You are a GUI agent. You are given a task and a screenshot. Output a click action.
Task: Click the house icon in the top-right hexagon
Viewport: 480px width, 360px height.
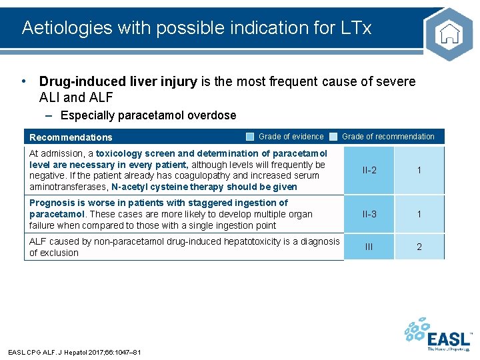point(449,33)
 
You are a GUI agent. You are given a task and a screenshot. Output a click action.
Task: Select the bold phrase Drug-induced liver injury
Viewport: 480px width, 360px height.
point(118,82)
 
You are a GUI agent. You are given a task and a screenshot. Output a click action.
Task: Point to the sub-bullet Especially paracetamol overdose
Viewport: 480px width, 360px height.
point(147,115)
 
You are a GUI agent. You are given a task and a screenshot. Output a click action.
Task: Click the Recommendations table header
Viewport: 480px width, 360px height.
point(71,137)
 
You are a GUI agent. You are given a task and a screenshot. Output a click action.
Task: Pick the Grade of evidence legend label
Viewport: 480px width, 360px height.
point(291,137)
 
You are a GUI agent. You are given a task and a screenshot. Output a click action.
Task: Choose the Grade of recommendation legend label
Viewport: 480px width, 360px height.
point(388,137)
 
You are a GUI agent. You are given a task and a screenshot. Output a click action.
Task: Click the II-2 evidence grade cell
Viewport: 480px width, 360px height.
point(369,171)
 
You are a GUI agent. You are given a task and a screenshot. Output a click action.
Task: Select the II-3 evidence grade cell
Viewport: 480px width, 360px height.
point(369,214)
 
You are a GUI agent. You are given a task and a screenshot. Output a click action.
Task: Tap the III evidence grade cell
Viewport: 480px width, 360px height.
point(369,247)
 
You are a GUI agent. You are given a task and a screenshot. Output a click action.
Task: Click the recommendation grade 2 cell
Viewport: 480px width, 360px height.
point(419,247)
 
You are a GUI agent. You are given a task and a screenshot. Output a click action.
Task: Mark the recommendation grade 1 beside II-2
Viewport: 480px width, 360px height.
point(419,171)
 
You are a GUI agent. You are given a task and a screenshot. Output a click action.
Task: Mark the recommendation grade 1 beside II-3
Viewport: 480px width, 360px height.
point(419,214)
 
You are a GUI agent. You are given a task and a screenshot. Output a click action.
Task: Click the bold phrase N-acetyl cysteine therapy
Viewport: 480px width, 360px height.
point(169,187)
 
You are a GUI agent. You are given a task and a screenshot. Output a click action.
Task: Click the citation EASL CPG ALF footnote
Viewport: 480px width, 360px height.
point(73,352)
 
